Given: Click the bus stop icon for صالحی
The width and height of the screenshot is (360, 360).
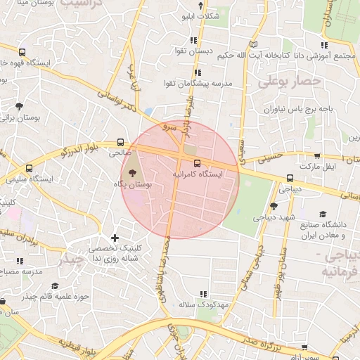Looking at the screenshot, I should (120, 141).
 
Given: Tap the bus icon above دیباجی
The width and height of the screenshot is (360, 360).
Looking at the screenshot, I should (290, 179).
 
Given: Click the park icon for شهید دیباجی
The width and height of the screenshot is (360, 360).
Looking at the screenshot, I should (274, 206).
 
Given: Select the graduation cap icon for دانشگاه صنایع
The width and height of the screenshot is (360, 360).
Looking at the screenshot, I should (323, 214).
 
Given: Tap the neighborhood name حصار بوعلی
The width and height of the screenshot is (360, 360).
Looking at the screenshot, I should (289, 82).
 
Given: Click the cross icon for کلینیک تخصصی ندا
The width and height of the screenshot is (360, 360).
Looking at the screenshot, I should (115, 238).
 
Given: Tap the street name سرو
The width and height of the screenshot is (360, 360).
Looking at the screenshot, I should (166, 128).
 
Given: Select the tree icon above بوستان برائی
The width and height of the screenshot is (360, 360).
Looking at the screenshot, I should (18, 107).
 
